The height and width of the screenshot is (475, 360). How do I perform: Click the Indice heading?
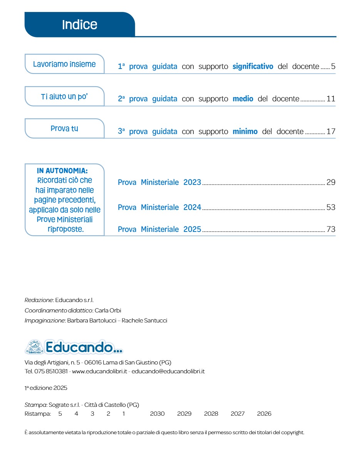click(x=80, y=25)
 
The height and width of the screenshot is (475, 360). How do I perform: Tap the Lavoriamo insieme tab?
click(x=64, y=64)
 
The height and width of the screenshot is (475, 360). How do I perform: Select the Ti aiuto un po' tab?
click(x=64, y=96)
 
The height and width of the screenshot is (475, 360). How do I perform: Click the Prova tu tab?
click(x=64, y=128)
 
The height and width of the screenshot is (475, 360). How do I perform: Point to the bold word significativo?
click(x=253, y=66)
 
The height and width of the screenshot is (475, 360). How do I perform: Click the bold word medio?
click(x=243, y=99)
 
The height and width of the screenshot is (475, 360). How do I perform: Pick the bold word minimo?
click(x=245, y=131)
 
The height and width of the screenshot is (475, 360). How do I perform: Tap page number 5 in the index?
click(x=333, y=66)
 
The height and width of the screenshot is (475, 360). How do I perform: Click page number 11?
click(x=331, y=99)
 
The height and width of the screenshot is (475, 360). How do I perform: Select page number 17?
click(x=331, y=131)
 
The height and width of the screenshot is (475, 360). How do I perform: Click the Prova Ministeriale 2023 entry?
click(x=159, y=182)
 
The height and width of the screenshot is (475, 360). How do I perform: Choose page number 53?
click(x=331, y=207)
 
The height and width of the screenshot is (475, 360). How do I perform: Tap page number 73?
click(x=331, y=229)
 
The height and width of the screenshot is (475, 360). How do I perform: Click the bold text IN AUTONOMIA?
click(x=62, y=171)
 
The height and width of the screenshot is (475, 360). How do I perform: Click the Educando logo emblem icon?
click(x=34, y=347)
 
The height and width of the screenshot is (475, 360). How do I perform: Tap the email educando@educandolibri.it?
click(x=168, y=371)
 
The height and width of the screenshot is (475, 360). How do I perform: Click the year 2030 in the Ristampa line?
click(x=157, y=414)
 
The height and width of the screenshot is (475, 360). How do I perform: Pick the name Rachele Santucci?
click(x=144, y=321)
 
